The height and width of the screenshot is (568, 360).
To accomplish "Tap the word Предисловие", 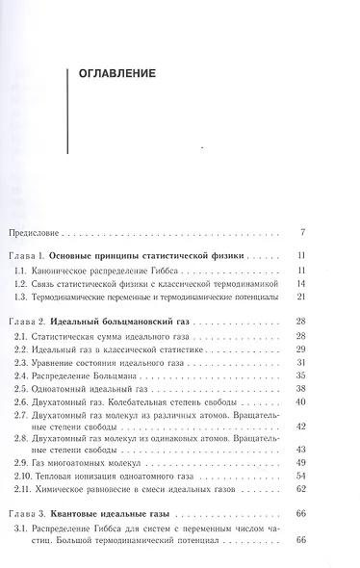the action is click(32, 233).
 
